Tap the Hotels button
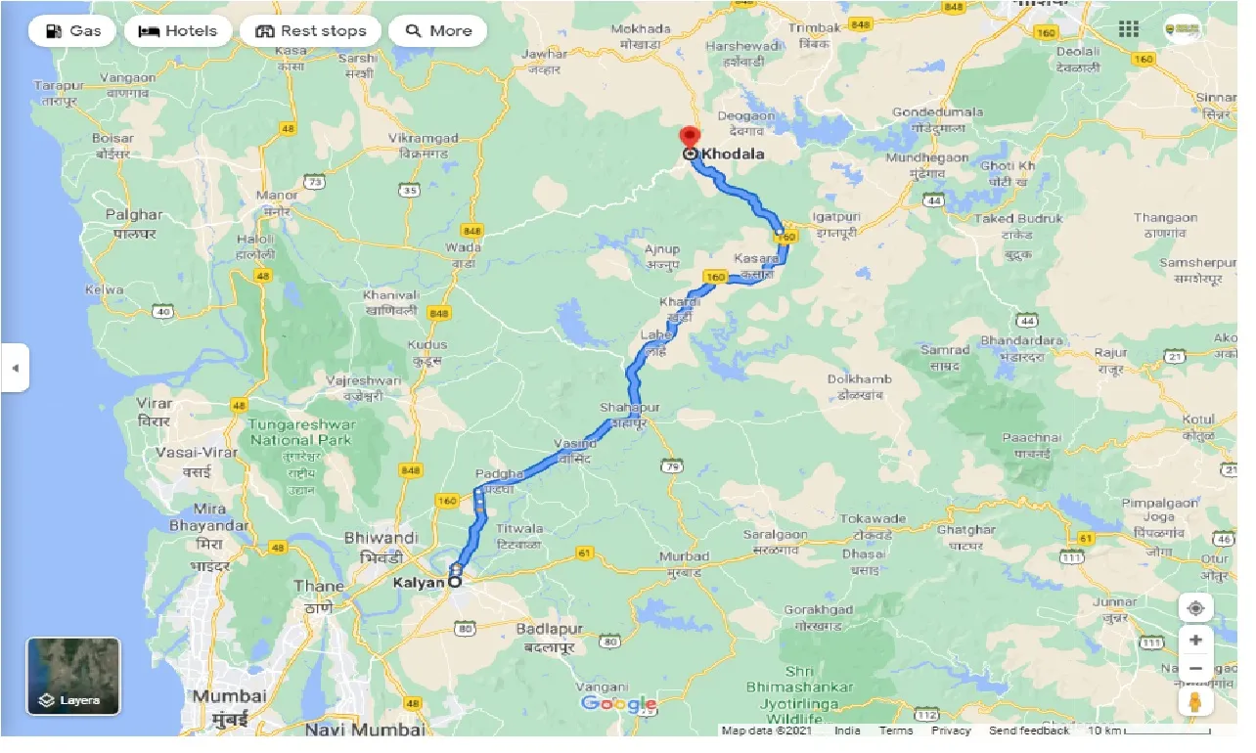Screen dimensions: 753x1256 178,31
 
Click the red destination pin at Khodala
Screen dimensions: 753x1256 690,137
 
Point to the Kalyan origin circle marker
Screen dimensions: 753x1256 455,582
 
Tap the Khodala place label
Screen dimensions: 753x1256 733,155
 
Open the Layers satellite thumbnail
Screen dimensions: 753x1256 73,676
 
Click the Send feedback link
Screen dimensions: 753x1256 1028,731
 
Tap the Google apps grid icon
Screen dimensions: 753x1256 1129,29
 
